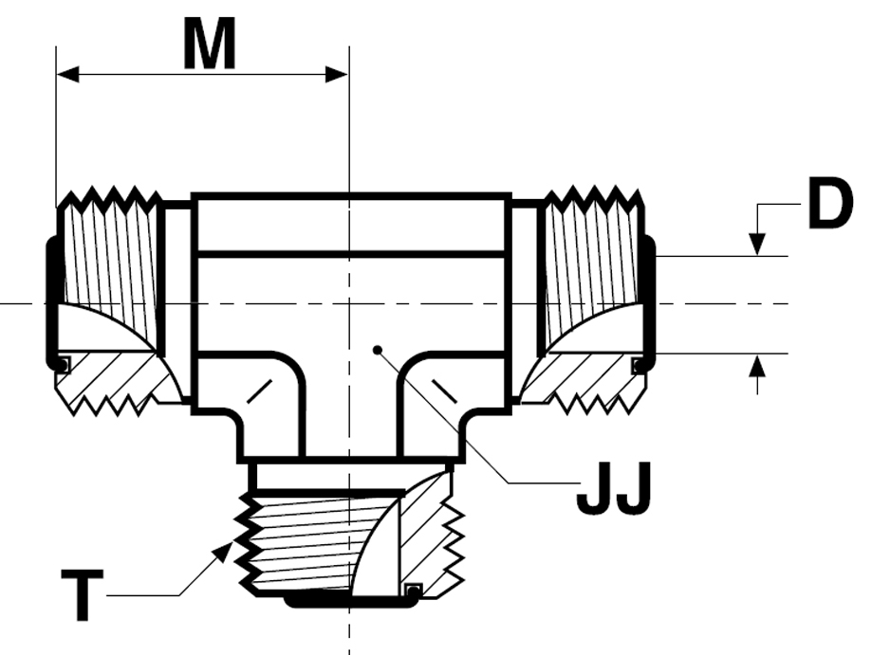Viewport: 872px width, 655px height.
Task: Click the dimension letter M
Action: (x=210, y=44)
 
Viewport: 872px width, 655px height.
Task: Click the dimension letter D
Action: (x=829, y=203)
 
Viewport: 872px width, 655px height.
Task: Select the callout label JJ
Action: (x=613, y=489)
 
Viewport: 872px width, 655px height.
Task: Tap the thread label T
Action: (x=82, y=594)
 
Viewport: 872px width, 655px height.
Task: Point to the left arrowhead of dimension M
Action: (x=67, y=75)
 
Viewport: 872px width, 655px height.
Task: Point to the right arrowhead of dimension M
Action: (x=337, y=75)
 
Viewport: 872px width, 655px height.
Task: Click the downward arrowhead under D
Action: (x=757, y=245)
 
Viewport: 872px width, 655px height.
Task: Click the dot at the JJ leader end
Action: (x=378, y=350)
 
